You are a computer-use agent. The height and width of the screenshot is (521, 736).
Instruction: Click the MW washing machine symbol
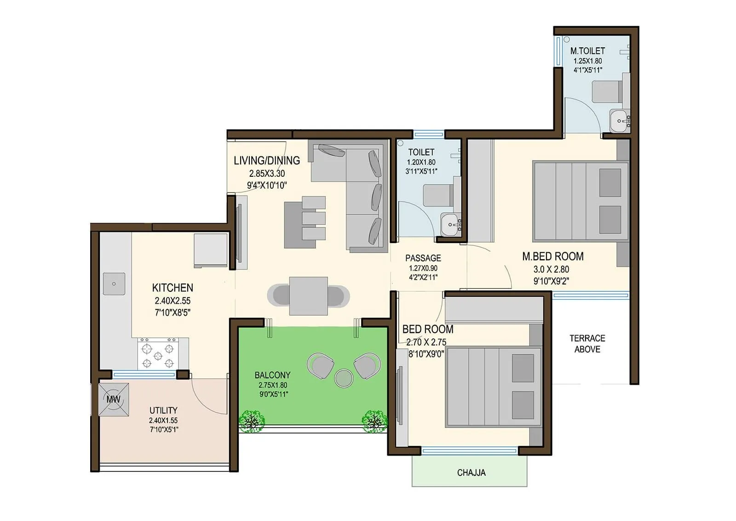pos(113,399)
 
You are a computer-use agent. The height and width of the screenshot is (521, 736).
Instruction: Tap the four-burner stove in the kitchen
pos(158,354)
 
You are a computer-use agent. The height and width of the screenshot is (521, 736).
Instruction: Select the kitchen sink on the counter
pos(114,283)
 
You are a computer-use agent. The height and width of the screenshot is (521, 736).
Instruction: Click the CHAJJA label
pos(471,473)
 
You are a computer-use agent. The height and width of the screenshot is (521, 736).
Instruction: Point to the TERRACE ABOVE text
pos(587,344)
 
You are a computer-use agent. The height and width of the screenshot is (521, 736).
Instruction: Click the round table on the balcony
pos(343,378)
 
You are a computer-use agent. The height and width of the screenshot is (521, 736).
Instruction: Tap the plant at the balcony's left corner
pos(252,421)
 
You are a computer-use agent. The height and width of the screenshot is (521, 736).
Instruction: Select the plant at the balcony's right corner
pos(374,421)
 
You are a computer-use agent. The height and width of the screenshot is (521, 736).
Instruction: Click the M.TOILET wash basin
pos(619,121)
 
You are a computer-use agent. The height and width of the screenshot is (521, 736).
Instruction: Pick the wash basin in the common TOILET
pos(450,224)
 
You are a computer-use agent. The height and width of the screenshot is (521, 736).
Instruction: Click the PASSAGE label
pos(423,258)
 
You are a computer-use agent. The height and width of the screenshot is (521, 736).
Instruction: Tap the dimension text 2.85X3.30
pos(267,174)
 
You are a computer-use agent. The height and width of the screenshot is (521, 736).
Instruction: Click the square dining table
pos(308,295)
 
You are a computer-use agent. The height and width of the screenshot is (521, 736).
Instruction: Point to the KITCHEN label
pos(172,288)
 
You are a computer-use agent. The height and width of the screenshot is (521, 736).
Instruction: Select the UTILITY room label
pos(163,410)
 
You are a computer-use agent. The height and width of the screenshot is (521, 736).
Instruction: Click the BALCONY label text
pos(272,375)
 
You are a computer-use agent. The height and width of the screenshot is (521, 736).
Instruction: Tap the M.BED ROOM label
pos(552,256)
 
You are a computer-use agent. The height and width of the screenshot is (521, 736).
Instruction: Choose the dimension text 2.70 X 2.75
pos(426,342)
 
